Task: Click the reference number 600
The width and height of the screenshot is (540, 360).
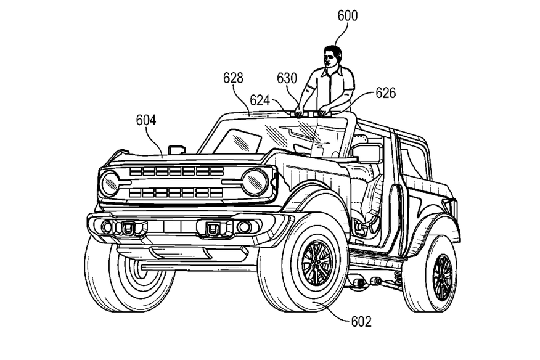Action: (348, 16)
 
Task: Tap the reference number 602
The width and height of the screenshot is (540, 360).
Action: (361, 322)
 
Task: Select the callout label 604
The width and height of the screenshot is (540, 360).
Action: (146, 120)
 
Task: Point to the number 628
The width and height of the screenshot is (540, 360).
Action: (233, 78)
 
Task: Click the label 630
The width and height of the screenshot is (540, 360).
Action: (287, 78)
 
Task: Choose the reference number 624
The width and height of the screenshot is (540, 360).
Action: (260, 100)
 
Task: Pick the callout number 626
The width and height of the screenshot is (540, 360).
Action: (385, 92)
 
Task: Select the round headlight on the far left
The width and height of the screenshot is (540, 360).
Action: (110, 183)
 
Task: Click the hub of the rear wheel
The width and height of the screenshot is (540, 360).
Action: (442, 277)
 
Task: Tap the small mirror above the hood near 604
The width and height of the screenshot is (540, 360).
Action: (177, 149)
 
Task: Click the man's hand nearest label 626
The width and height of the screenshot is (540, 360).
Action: (324, 111)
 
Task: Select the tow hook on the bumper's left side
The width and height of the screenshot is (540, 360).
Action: (127, 227)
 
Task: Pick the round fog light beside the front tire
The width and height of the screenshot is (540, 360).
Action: (244, 226)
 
